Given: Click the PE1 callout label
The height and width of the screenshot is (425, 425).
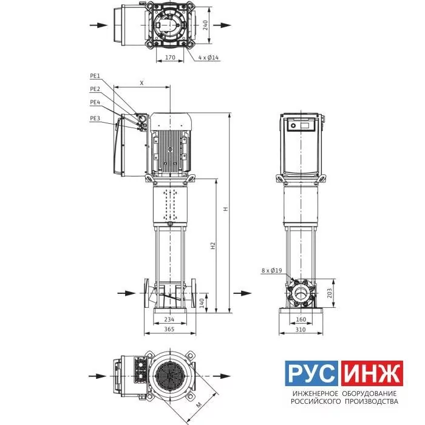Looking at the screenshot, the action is click(x=95, y=76).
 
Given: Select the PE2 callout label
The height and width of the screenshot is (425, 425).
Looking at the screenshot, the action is click(x=95, y=89).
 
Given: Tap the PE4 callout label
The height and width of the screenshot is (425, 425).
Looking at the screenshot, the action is click(x=95, y=103).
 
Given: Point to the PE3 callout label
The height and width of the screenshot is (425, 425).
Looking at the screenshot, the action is click(x=95, y=118).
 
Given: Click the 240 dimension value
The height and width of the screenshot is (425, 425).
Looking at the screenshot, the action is click(x=205, y=25).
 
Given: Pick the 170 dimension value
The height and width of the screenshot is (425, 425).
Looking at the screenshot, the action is click(x=170, y=58).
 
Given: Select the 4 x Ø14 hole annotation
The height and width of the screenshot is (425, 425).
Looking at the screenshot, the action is click(x=208, y=58).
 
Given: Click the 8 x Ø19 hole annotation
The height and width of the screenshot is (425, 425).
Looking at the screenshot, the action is click(x=271, y=271).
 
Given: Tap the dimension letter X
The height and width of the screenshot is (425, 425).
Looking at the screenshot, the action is click(x=141, y=83).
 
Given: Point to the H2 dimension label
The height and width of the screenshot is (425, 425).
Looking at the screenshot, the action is click(x=213, y=245).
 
